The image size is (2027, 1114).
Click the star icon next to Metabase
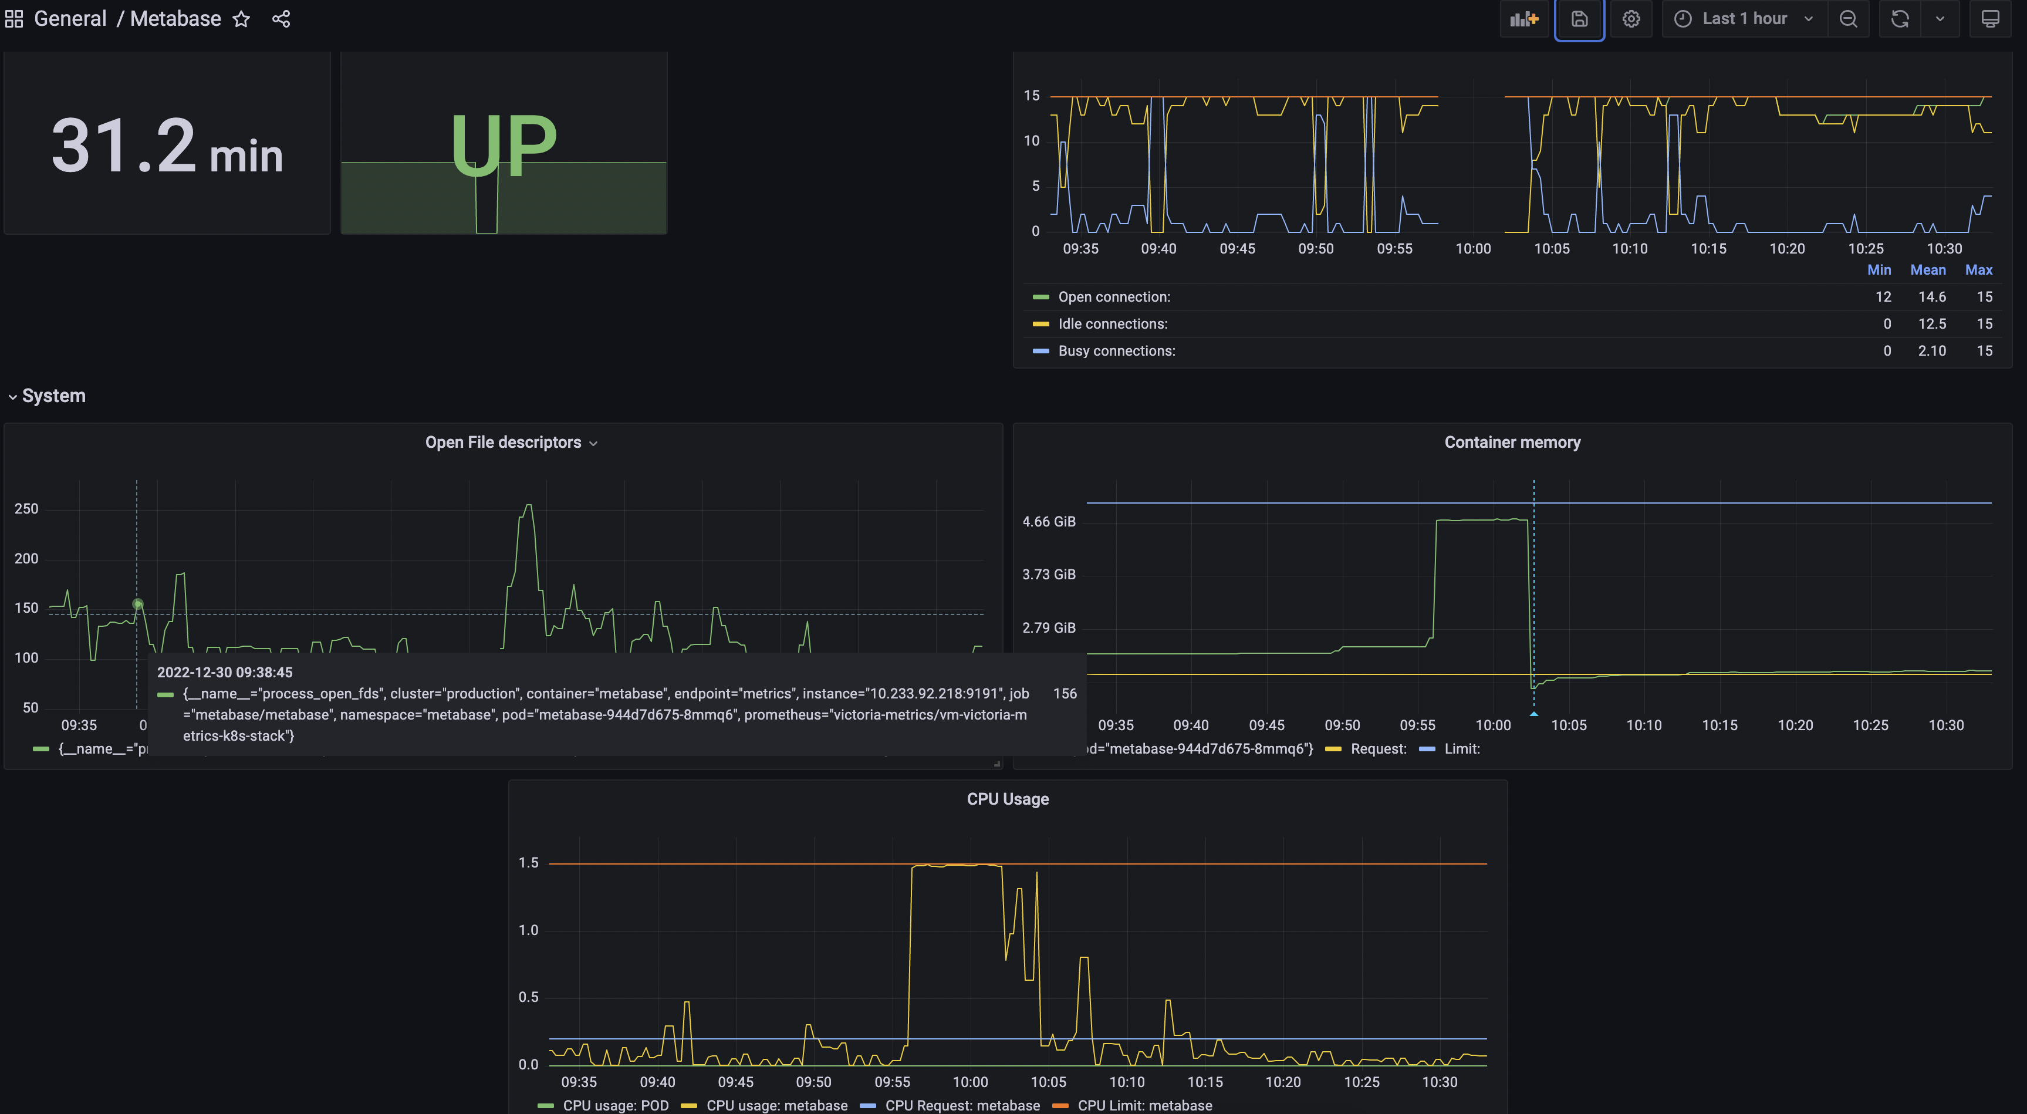tap(241, 19)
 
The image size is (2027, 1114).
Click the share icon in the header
tap(281, 19)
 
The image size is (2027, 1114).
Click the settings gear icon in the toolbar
tap(1631, 19)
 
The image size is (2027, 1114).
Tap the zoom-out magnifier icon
tap(1849, 19)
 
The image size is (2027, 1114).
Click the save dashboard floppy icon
tap(1579, 19)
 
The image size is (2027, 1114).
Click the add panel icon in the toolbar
tap(1524, 19)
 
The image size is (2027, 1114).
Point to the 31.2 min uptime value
tap(167, 146)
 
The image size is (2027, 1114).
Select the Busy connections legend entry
tap(1116, 351)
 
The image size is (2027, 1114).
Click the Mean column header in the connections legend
tap(1927, 270)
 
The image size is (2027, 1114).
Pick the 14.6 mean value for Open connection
tap(1932, 296)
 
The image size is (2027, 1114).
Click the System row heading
tap(53, 396)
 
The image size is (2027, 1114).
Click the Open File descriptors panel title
tap(503, 442)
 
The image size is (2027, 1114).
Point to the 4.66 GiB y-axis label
tap(1048, 522)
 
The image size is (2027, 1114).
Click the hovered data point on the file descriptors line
tap(138, 604)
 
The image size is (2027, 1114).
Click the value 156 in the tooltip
tap(1064, 693)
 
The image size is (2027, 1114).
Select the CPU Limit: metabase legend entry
tap(1144, 1105)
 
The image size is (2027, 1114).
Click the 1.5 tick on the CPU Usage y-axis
tap(528, 863)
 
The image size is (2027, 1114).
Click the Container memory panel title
tap(1512, 442)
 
